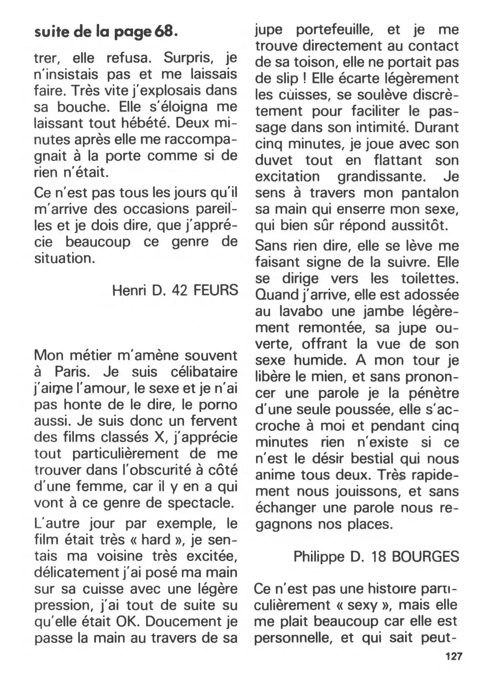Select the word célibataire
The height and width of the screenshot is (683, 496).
coord(204,372)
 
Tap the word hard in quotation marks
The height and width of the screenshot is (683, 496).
coord(156,540)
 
